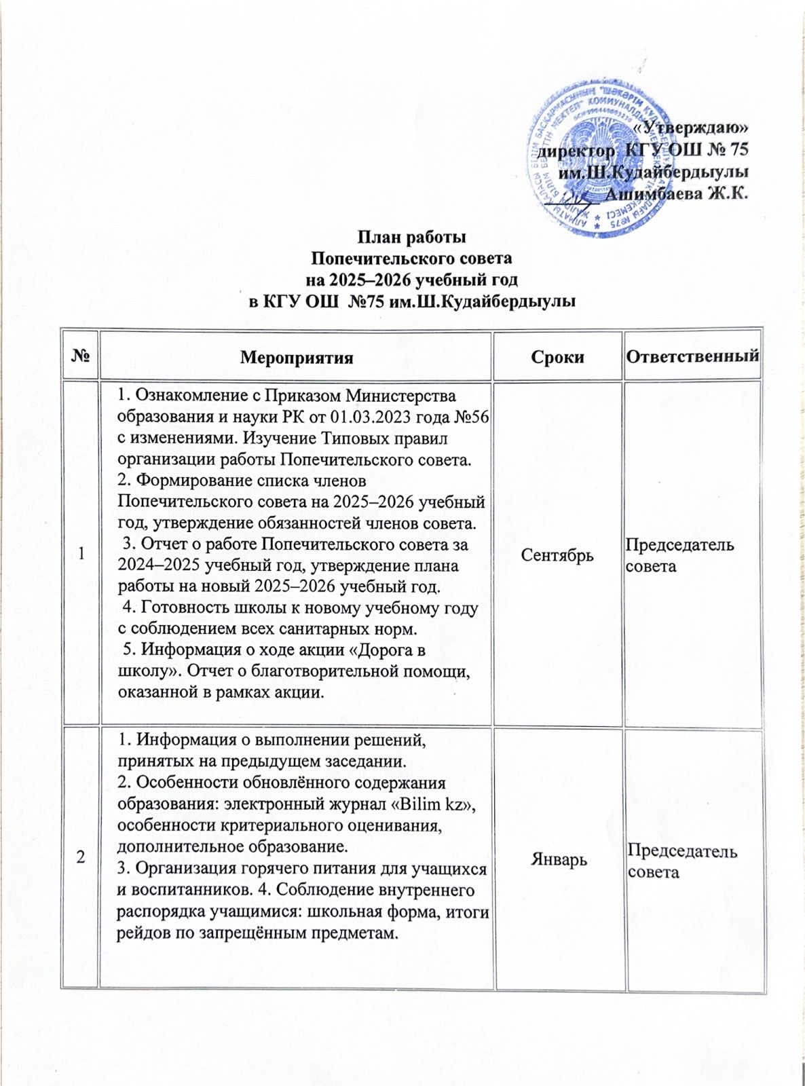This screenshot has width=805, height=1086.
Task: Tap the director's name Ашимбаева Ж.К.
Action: (x=676, y=193)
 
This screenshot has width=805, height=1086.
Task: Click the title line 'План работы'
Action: (x=412, y=238)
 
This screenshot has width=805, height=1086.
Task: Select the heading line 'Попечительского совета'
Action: (x=411, y=259)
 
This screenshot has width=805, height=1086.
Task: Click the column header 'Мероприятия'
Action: (x=297, y=358)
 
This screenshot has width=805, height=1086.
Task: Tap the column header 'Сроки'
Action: (x=558, y=358)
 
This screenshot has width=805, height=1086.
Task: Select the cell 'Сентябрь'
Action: (x=557, y=555)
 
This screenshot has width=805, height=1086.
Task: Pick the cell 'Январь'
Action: (x=557, y=860)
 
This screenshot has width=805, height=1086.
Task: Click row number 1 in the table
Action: (x=81, y=555)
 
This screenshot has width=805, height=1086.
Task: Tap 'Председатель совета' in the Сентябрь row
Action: (x=679, y=555)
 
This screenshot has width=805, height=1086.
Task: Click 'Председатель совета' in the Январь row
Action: (x=682, y=861)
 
